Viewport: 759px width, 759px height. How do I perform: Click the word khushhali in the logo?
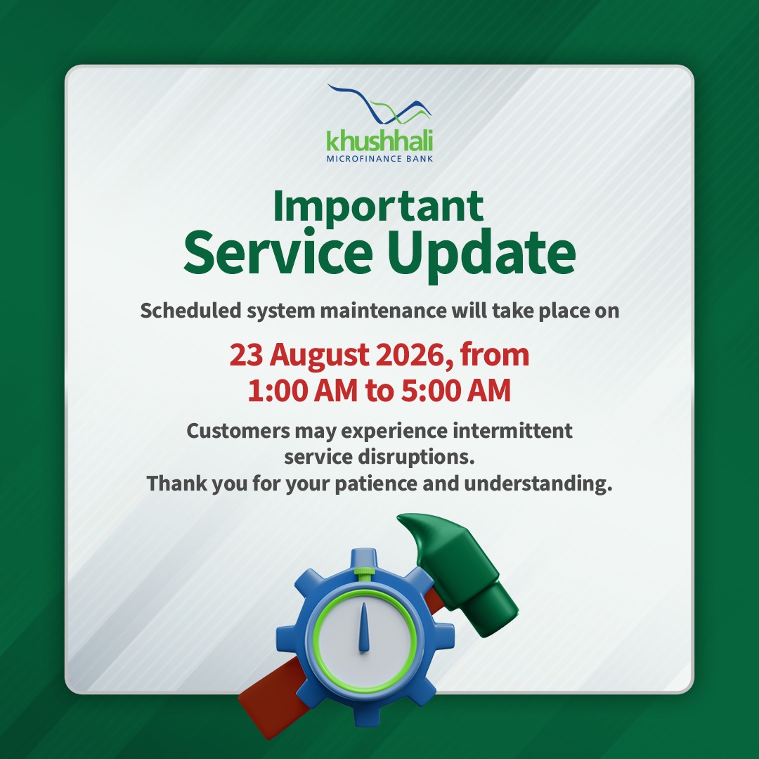(x=379, y=141)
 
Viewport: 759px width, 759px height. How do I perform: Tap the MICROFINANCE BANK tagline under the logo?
(x=379, y=159)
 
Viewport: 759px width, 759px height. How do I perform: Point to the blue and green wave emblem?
(x=379, y=103)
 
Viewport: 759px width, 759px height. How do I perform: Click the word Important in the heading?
(x=379, y=207)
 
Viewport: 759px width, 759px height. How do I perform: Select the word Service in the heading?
(x=278, y=253)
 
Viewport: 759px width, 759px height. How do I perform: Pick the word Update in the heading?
(x=481, y=255)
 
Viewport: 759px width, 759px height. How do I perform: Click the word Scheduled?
(x=190, y=311)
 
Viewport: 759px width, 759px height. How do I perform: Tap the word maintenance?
(x=383, y=311)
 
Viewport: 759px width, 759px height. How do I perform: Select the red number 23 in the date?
(x=246, y=355)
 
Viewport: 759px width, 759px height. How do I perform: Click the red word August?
(x=319, y=356)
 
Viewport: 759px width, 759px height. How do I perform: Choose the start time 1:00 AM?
(x=302, y=391)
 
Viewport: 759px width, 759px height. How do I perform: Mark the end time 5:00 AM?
(x=455, y=391)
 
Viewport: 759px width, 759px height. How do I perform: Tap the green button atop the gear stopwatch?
(x=364, y=573)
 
